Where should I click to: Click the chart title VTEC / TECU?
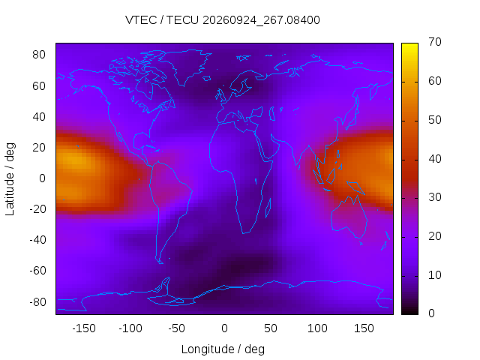click(x=162, y=20)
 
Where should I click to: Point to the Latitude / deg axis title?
click(x=10, y=179)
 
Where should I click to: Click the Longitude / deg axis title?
click(x=223, y=349)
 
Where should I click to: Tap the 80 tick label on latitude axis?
click(x=39, y=55)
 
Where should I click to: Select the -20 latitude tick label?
click(x=37, y=209)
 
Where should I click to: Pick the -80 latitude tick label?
click(x=37, y=302)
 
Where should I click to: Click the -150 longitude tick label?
click(x=84, y=328)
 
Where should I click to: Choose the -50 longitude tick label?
click(x=177, y=328)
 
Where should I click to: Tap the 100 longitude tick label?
click(x=317, y=328)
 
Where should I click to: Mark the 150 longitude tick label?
click(x=364, y=328)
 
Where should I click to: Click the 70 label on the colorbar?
click(x=435, y=42)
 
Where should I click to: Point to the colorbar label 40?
click(x=435, y=159)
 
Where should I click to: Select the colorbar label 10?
click(x=435, y=275)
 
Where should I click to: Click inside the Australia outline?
click(x=349, y=217)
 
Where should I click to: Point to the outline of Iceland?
click(x=207, y=79)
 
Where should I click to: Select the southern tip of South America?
click(x=162, y=263)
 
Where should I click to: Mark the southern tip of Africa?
click(x=243, y=234)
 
